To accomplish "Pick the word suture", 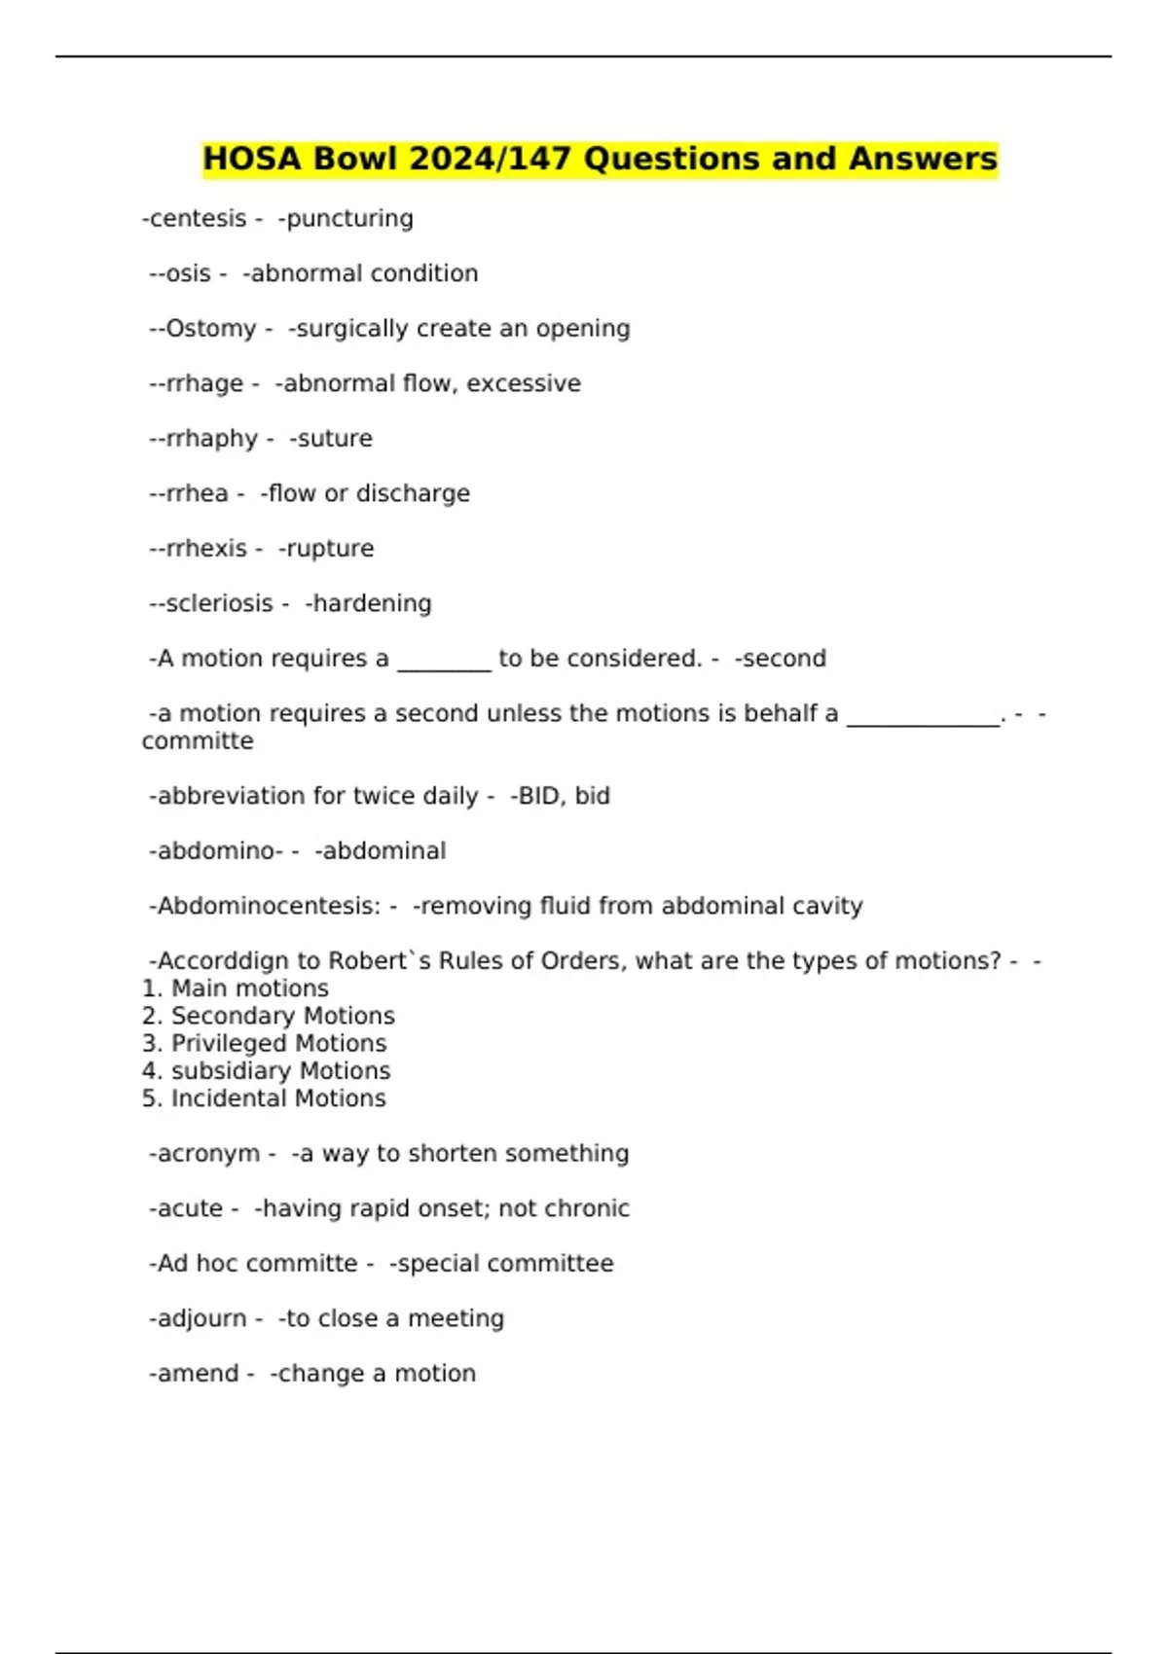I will (x=331, y=439).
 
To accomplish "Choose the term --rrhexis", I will (x=199, y=549).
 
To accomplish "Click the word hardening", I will (x=369, y=603).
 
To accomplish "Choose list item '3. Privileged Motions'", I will (x=265, y=1043).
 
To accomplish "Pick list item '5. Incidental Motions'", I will (x=265, y=1098).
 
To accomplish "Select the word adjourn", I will (x=198, y=1318).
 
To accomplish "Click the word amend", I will (x=194, y=1374).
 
